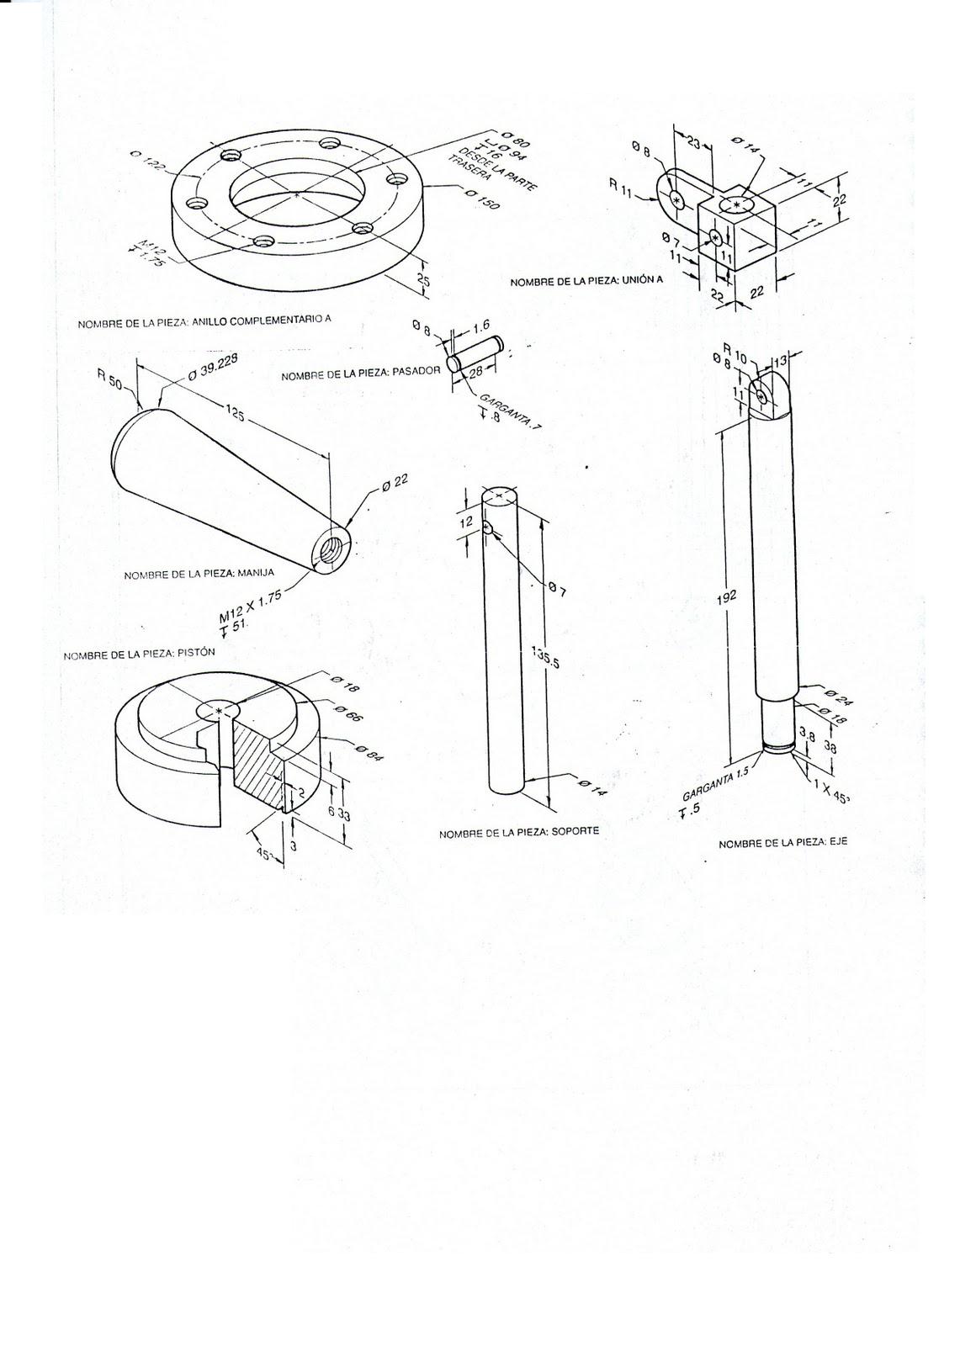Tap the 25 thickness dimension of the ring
coord(423,281)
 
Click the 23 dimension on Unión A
coord(692,143)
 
